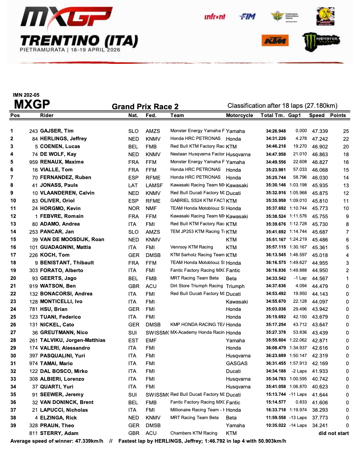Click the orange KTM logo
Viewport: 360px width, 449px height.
pyautogui.click(x=275, y=41)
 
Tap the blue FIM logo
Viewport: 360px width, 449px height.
pyautogui.click(x=247, y=17)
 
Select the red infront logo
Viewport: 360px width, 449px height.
pyautogui.click(x=215, y=17)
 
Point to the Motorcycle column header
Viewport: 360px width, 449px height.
pyautogui.click(x=240, y=115)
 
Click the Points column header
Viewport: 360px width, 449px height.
pyautogui.click(x=338, y=115)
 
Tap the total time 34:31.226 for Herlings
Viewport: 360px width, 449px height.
pyautogui.click(x=276, y=139)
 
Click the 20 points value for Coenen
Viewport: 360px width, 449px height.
pyautogui.click(x=346, y=147)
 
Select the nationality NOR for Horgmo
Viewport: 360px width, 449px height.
pyautogui.click(x=134, y=209)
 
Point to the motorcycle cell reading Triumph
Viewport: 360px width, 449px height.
pyautogui.click(x=235, y=286)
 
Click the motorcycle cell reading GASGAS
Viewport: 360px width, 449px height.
pyautogui.click(x=237, y=364)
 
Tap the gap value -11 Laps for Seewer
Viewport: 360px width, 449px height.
pyautogui.click(x=298, y=395)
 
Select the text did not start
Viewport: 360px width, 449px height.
pyautogui.click(x=333, y=433)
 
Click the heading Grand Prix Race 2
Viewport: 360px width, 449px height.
pyautogui.click(x=145, y=107)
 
